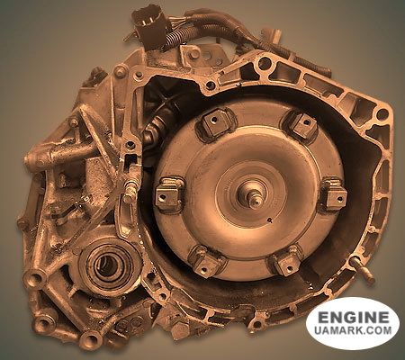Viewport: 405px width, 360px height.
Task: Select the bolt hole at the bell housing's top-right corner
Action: point(382,113)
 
